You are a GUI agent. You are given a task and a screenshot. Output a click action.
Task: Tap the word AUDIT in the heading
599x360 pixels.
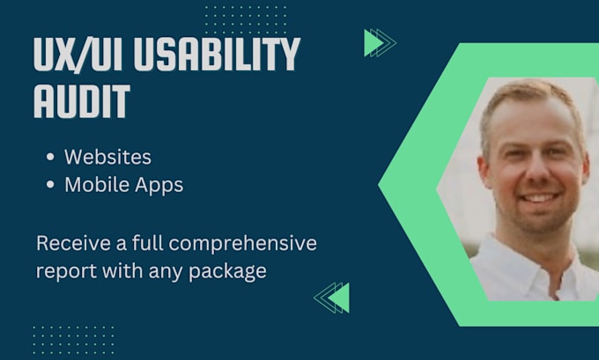[81, 102]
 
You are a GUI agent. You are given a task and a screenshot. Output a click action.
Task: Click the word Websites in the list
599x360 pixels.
[107, 157]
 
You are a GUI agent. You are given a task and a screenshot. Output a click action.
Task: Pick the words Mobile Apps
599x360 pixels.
[122, 185]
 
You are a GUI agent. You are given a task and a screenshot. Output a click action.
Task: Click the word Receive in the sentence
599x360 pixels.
[67, 242]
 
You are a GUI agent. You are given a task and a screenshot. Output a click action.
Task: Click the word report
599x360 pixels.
[63, 271]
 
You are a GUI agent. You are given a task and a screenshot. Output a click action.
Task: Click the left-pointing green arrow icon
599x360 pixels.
[333, 298]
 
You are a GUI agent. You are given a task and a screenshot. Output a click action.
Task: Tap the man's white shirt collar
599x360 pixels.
[515, 264]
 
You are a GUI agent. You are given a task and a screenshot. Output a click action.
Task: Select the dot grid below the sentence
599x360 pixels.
[72, 339]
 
